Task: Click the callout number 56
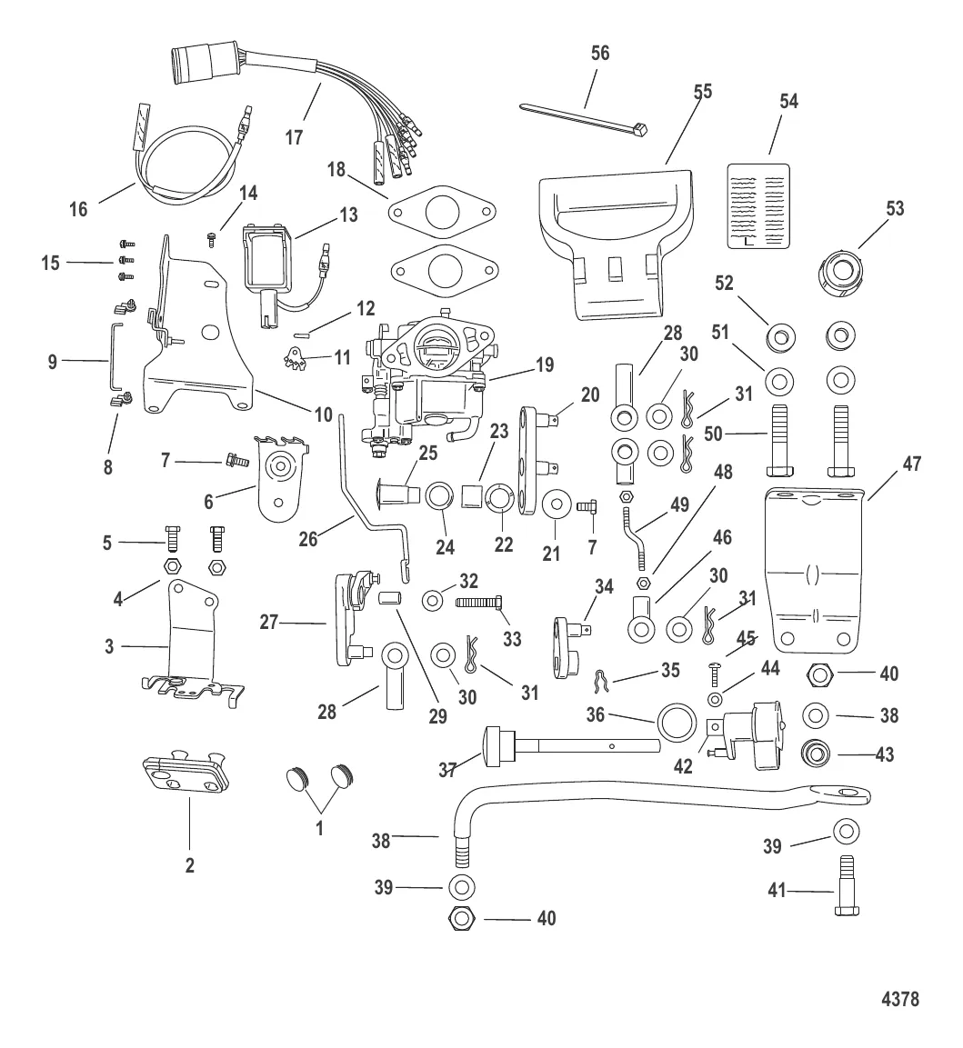point(599,53)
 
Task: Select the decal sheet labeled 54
point(760,205)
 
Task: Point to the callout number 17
point(294,138)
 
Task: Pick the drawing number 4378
point(899,1000)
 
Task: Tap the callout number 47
point(912,464)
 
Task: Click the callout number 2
point(190,865)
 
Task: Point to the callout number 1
point(318,828)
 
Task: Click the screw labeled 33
point(479,602)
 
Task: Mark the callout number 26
point(308,538)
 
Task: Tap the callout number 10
point(323,414)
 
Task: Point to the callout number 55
point(702,92)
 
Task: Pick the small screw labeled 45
point(715,674)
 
